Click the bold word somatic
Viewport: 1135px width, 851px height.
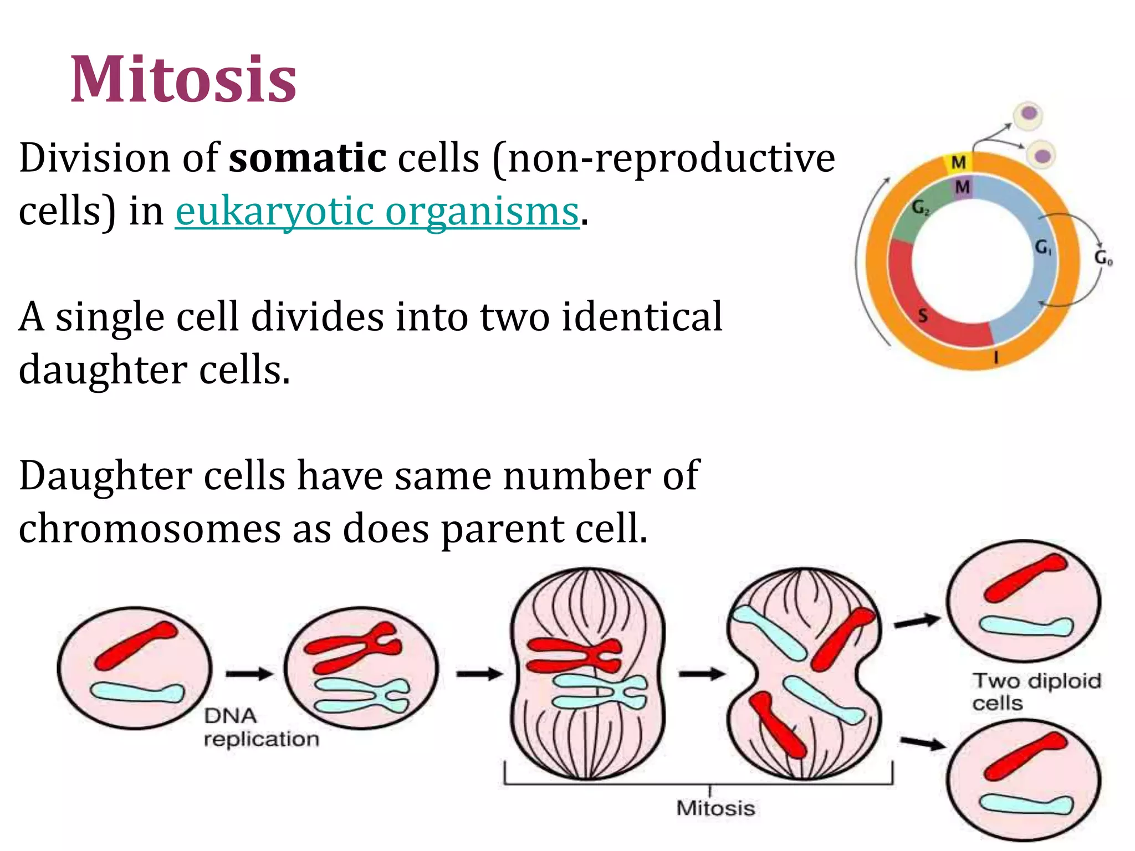pos(308,158)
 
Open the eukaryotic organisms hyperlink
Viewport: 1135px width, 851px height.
pos(377,212)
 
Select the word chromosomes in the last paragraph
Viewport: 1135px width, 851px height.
pos(150,529)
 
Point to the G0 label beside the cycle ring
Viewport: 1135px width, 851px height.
pos(1103,258)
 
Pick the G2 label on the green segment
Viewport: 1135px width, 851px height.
pos(921,208)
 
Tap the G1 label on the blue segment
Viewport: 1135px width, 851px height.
pos(1044,247)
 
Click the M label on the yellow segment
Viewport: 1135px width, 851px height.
pos(958,162)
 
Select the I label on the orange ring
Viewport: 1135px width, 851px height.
pos(996,357)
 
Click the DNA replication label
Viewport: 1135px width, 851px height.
pos(260,727)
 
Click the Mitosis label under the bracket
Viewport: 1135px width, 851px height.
pos(715,808)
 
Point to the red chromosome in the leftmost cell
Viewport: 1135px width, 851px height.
pos(136,645)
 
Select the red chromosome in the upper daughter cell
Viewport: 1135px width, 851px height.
pos(1025,578)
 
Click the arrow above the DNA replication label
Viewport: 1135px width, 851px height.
pos(249,674)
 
